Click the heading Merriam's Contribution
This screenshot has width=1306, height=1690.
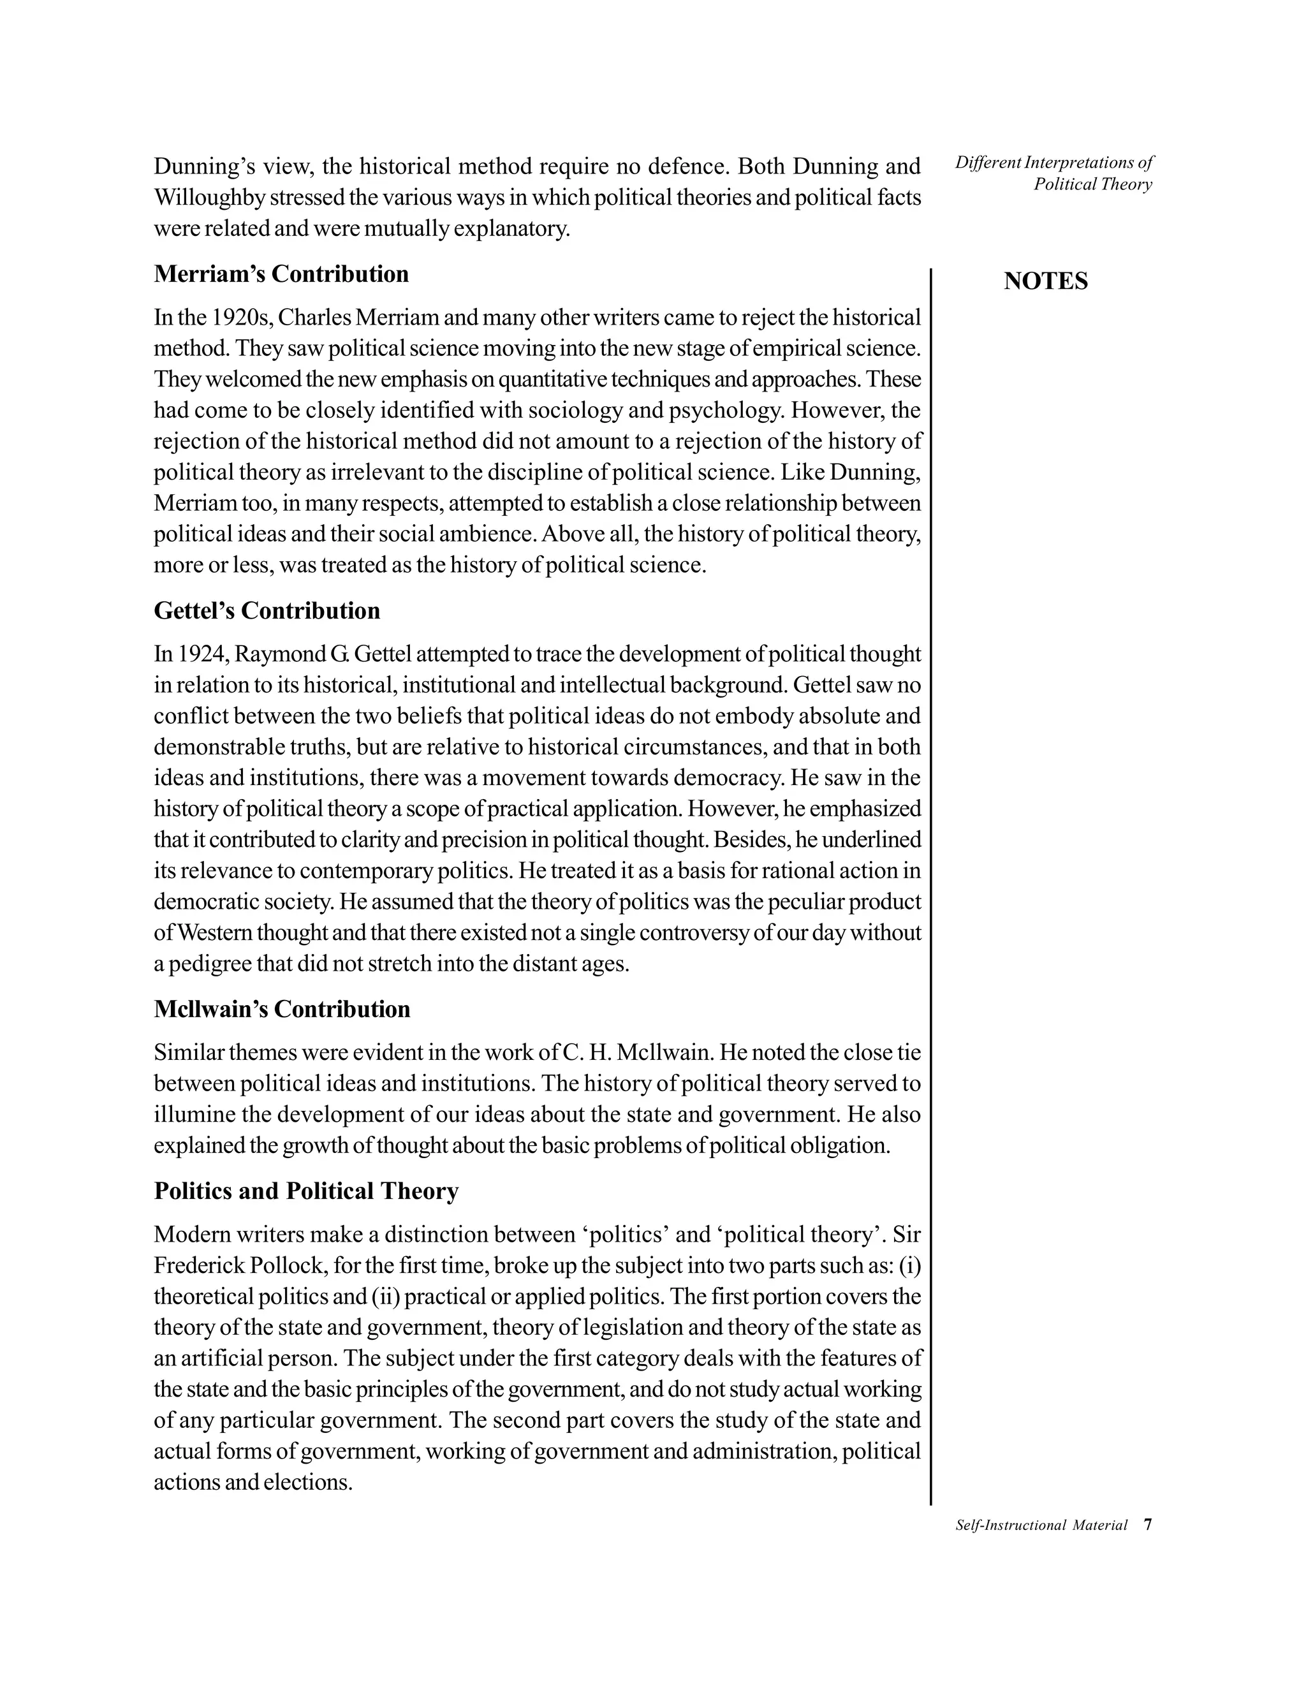[x=281, y=274]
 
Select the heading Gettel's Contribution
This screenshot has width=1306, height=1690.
[x=267, y=610]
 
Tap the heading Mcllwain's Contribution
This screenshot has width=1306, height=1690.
[x=282, y=1009]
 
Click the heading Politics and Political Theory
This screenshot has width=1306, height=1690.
[x=305, y=1191]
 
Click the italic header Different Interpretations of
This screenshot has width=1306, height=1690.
[x=1053, y=163]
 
